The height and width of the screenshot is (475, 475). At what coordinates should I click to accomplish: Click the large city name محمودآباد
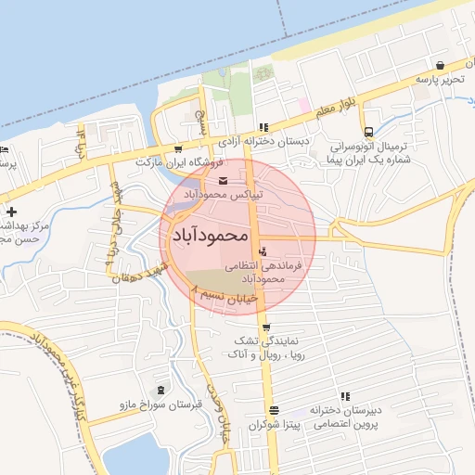coord(210,237)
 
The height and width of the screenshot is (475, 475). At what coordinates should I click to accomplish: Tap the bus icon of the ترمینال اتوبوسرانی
coord(368,132)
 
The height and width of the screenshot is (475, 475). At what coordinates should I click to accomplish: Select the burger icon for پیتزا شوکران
coord(273,410)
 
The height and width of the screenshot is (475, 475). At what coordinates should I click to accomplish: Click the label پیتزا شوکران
coord(268,424)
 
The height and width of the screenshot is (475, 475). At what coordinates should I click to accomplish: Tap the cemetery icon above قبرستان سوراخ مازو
coord(163,389)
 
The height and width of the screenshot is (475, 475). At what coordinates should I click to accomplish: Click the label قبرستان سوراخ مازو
coord(153,404)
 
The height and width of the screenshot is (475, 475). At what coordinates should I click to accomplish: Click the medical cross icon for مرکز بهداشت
coord(11,212)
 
